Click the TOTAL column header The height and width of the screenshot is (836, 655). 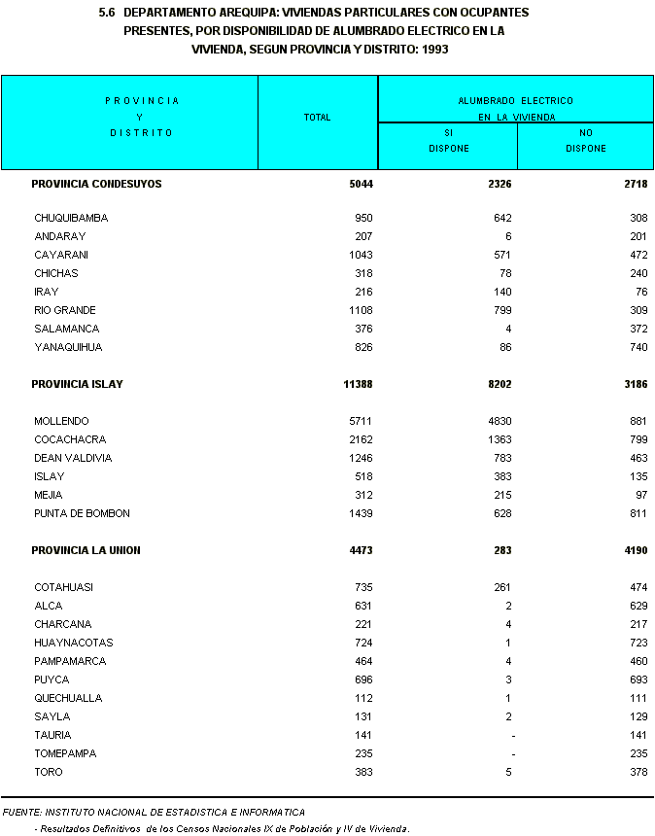[x=317, y=118]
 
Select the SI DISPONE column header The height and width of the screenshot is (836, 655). [x=448, y=141]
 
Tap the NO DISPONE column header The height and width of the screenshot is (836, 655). [x=585, y=141]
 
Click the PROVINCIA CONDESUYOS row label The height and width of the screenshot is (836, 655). [x=96, y=183]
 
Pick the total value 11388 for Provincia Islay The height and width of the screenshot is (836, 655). [x=358, y=384]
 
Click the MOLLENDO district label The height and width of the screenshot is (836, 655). [x=61, y=421]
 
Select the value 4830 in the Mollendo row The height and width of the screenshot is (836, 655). [x=499, y=421]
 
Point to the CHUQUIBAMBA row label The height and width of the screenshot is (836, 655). [x=71, y=218]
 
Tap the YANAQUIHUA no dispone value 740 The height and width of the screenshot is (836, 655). [x=638, y=347]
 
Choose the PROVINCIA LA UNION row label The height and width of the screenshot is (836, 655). [x=86, y=550]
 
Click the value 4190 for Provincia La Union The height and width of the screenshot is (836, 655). [x=635, y=550]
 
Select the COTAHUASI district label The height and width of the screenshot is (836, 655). [x=64, y=587]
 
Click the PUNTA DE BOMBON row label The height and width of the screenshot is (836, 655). [x=82, y=513]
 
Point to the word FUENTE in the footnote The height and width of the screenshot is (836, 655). [x=21, y=812]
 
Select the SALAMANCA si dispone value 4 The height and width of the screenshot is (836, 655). [x=508, y=329]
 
